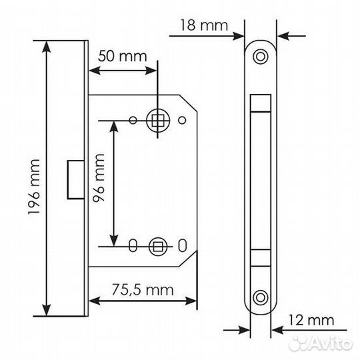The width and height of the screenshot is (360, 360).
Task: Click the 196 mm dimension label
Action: coord(34,187)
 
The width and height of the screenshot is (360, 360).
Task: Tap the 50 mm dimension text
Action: coord(123,56)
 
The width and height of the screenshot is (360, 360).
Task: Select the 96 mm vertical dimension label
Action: coord(99,178)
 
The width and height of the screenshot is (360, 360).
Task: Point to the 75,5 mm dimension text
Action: coord(143,290)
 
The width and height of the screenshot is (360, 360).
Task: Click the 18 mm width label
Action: coord(204,25)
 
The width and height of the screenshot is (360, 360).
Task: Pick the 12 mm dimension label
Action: coord(311,320)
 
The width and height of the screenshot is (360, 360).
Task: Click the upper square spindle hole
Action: coord(158,120)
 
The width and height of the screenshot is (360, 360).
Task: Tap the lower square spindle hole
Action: coord(158,247)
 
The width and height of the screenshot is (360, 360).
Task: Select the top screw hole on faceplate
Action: coord(261,56)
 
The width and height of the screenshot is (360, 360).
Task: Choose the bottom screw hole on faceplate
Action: coord(261,298)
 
